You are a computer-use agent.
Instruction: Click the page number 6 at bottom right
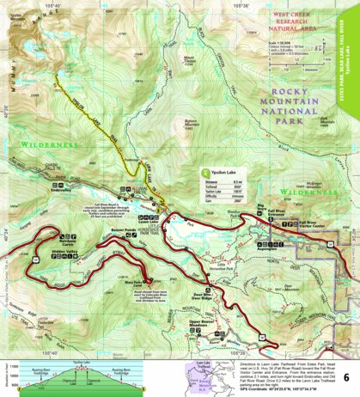345,377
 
